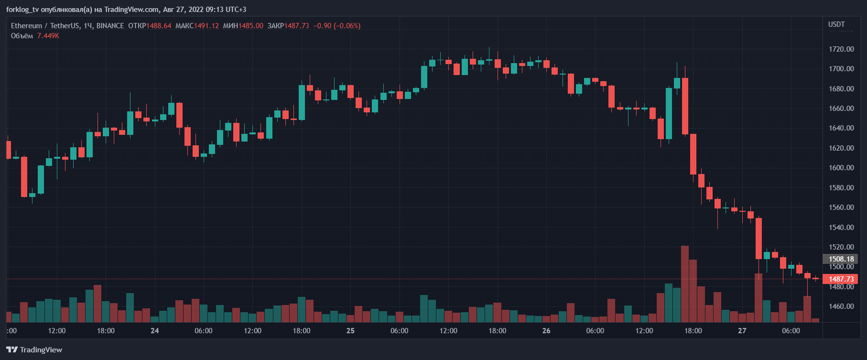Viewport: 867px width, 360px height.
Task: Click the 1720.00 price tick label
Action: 841,49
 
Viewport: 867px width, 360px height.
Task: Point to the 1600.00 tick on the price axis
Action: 841,168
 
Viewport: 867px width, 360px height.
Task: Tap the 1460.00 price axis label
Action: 841,306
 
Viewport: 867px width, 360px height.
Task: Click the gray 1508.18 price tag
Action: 841,259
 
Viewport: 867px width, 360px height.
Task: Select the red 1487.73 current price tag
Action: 841,279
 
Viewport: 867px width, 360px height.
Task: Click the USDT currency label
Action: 836,24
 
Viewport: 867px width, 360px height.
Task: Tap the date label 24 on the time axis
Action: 154,331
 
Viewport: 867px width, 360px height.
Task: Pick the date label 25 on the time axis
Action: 350,331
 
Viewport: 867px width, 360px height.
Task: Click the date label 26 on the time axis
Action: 546,331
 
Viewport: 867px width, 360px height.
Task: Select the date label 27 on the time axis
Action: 742,331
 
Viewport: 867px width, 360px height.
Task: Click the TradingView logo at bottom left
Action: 34,350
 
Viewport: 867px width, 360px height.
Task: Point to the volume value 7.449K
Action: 48,36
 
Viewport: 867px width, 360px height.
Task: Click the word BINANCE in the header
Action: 110,26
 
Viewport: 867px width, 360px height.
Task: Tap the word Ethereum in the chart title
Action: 26,26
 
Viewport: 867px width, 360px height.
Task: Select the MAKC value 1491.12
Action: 206,26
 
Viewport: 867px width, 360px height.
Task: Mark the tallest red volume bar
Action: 685,284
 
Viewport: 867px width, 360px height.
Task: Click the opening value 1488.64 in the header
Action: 159,26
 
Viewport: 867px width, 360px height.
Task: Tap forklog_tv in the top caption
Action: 22,10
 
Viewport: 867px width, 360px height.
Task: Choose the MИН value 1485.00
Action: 251,26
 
